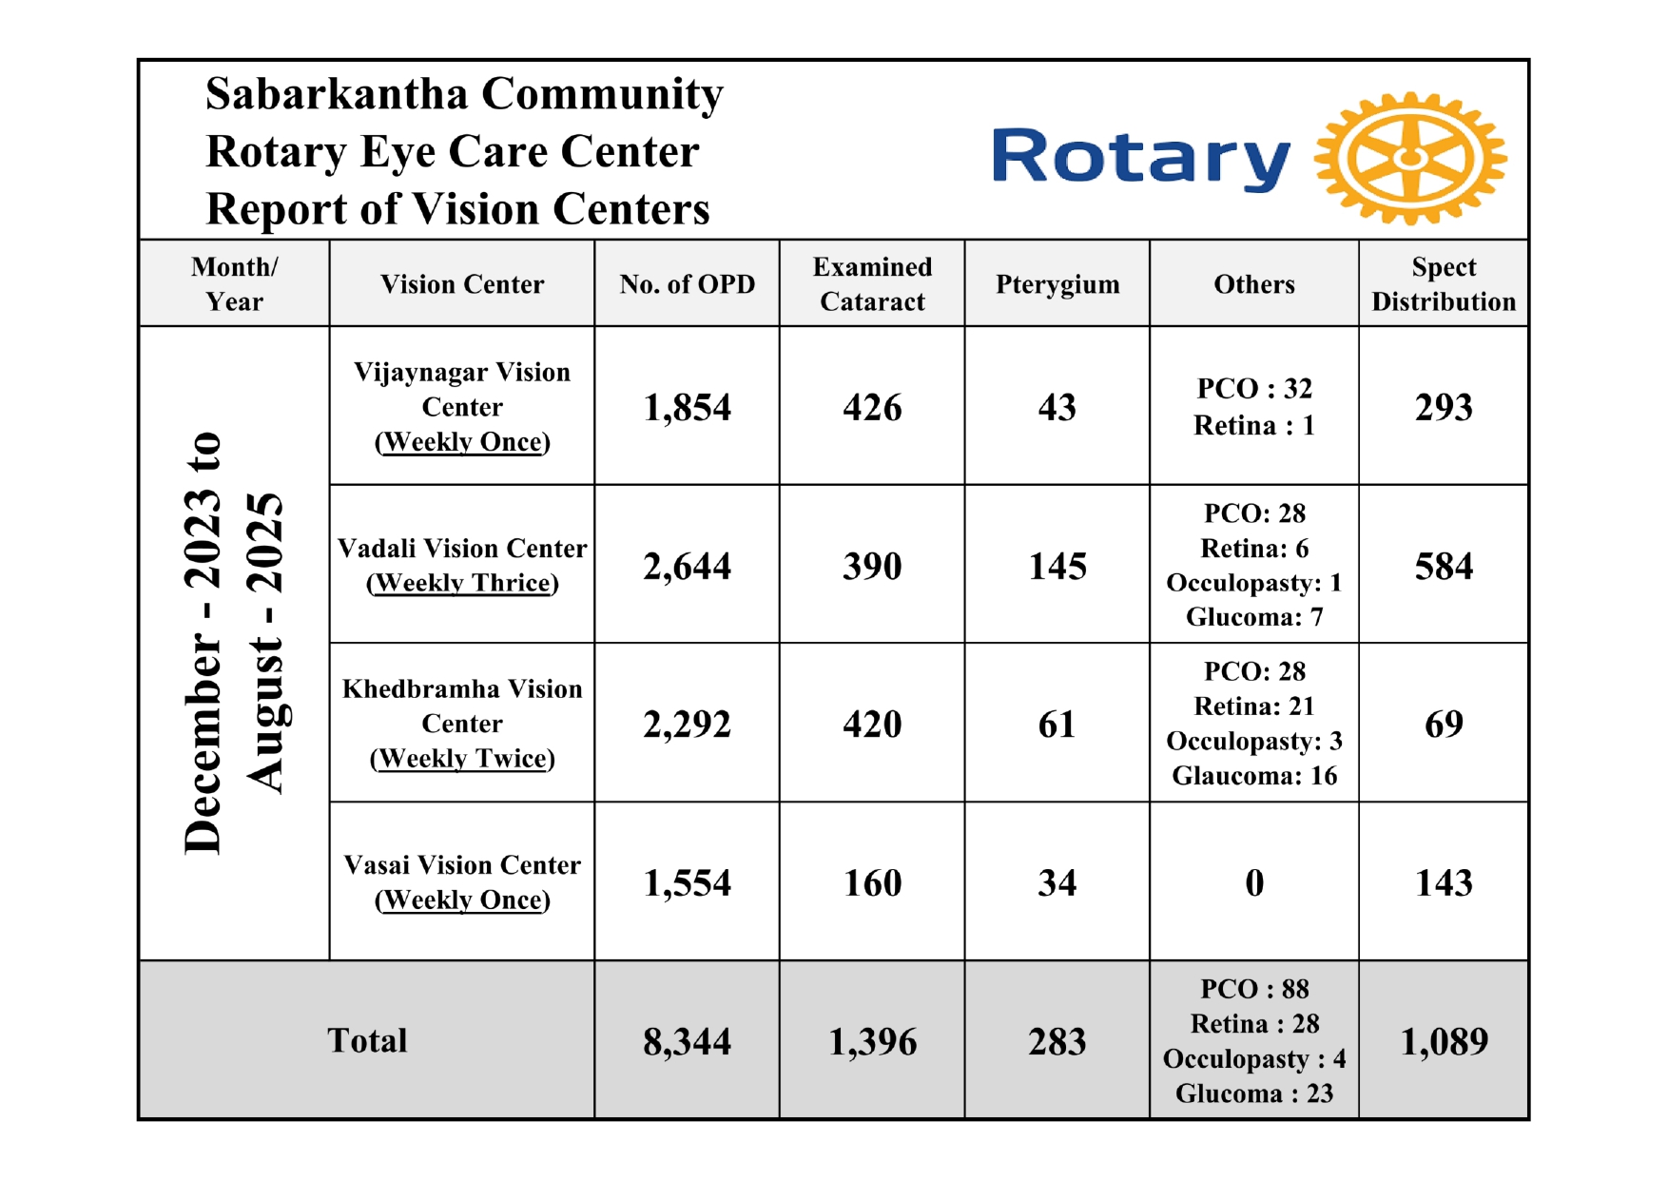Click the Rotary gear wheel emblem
tap(1409, 159)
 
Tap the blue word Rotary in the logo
tap(1140, 157)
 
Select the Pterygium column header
tap(1057, 284)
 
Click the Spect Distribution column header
tap(1443, 284)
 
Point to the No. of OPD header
tap(687, 284)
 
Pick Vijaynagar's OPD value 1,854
tap(687, 408)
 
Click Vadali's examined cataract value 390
tap(872, 567)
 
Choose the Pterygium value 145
tap(1057, 567)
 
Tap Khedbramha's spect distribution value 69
tap(1443, 725)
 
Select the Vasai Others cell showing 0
tap(1254, 883)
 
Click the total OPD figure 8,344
tap(687, 1042)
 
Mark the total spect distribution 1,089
tap(1443, 1042)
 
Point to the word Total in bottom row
tap(367, 1041)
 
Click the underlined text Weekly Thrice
tap(462, 583)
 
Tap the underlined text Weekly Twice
tap(462, 759)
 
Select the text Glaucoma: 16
tap(1254, 776)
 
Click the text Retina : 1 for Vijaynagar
tap(1254, 426)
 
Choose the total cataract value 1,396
tap(872, 1042)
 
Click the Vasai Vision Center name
tap(462, 865)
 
